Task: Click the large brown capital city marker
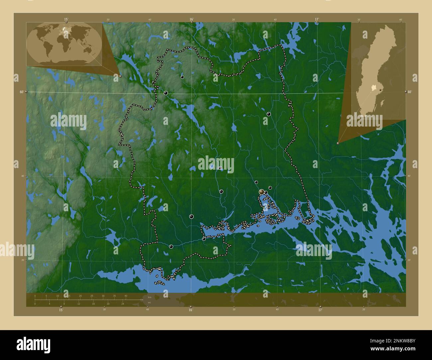point(262,192)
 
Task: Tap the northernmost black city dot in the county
point(182,77)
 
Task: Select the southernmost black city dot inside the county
point(171,246)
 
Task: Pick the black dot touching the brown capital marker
point(266,193)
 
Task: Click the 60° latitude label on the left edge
point(22,92)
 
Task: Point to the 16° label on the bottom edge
point(190,310)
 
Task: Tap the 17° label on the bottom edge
point(320,310)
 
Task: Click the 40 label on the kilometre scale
point(126,296)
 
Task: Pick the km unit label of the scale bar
point(150,297)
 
